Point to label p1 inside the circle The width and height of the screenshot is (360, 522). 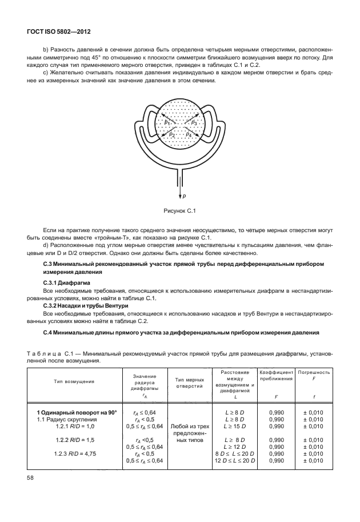167,122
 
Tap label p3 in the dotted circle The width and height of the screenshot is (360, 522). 194,122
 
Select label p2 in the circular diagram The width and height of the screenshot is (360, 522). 172,134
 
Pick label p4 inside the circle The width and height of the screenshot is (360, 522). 189,134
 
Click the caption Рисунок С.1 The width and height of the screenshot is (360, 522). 181,212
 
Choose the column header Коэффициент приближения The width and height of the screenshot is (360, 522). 277,375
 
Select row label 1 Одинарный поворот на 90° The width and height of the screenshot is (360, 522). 77,412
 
